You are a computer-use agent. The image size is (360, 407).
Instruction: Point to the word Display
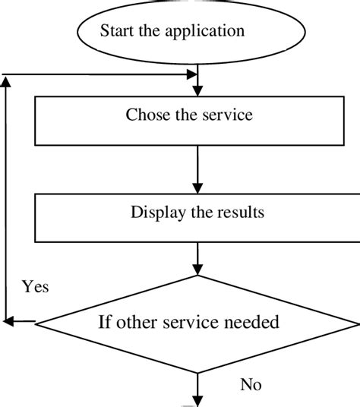155,213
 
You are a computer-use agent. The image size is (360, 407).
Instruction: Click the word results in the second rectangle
240,213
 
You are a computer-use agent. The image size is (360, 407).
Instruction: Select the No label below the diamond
251,385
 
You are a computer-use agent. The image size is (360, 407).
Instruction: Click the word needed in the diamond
248,322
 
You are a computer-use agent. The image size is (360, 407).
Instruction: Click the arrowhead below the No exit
197,402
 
